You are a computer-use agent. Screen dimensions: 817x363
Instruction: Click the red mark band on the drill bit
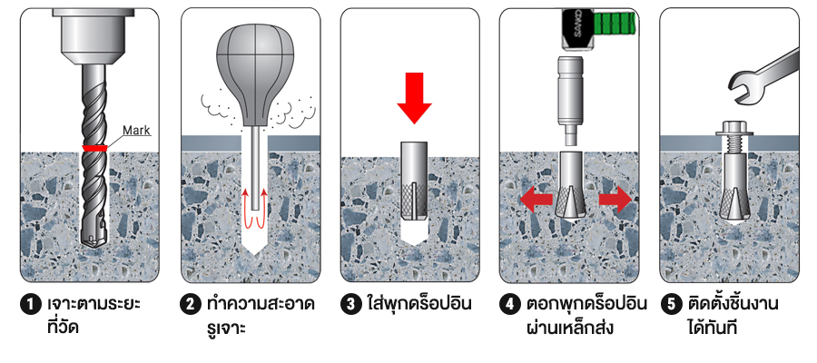pos(94,148)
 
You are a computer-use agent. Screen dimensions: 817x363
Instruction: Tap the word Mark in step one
pos(136,130)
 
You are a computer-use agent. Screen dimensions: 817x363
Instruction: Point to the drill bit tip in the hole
pos(94,240)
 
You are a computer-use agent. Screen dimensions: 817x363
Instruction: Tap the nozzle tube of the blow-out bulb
pos(255,168)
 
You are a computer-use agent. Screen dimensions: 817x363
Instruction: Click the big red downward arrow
pos(414,98)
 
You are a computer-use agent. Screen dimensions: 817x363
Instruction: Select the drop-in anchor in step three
pos(414,181)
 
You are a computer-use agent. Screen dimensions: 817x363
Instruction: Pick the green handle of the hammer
pos(615,23)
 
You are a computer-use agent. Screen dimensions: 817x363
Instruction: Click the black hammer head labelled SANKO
pos(577,29)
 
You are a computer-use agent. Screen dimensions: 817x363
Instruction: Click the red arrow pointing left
pos(536,201)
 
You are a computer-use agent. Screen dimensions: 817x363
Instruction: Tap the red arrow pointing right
pos(615,201)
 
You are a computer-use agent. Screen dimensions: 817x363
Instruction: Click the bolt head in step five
pos(734,128)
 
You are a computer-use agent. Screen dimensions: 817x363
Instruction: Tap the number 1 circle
pos(31,305)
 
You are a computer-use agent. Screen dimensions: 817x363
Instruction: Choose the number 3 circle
pos(351,305)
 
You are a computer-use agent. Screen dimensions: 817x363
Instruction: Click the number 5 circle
pos(671,305)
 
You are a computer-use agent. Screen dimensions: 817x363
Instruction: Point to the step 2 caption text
pos(261,315)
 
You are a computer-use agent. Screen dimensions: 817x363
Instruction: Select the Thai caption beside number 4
pos(586,315)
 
